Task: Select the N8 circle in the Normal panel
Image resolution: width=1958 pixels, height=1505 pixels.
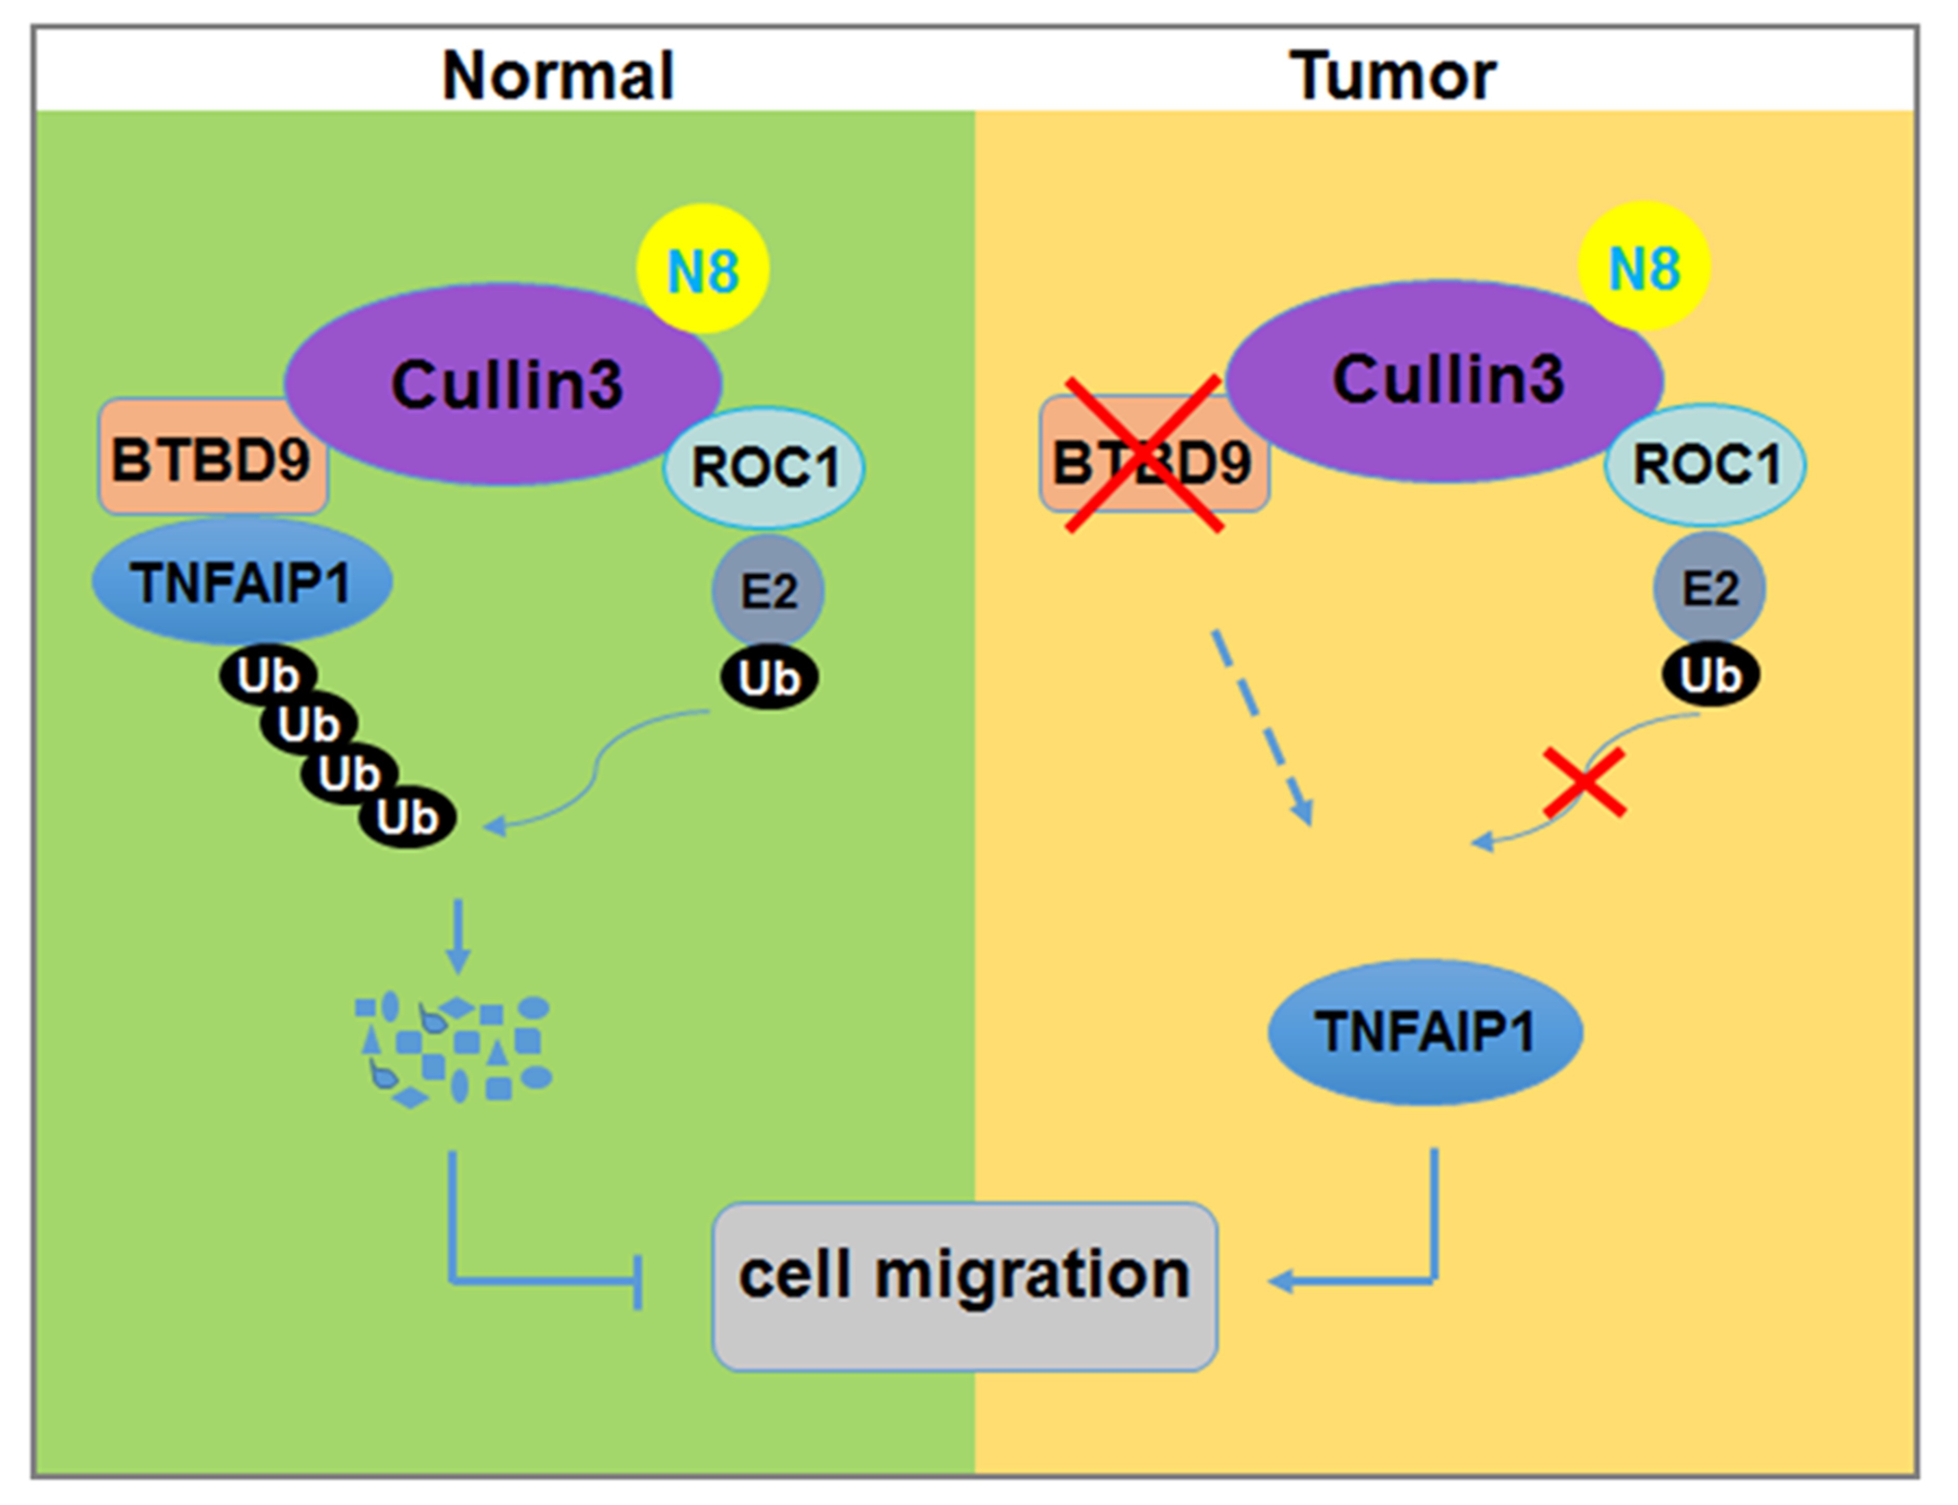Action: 702,269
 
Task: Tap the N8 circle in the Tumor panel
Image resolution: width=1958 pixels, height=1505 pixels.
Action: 1643,266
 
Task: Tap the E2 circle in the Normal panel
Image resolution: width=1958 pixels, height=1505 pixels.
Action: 768,590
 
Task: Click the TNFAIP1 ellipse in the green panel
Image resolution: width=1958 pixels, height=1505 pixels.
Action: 241,582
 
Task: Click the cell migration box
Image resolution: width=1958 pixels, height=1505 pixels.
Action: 964,1275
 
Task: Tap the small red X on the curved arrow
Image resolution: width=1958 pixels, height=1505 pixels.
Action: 1583,782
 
